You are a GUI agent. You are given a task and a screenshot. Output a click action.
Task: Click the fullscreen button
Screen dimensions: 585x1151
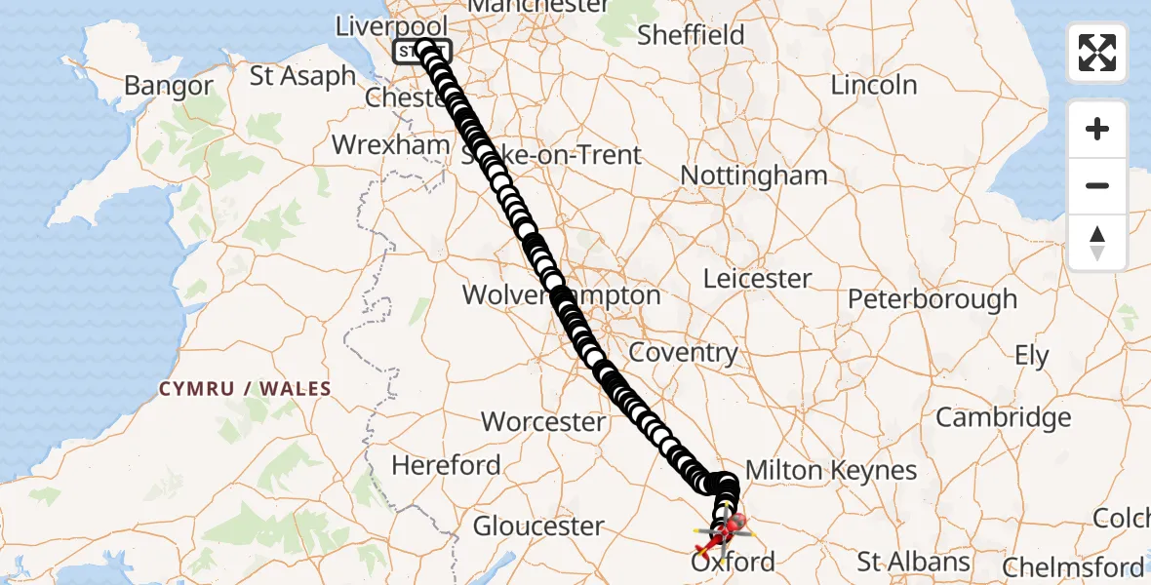(1097, 53)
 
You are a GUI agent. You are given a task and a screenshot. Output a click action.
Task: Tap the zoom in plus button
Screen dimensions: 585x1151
(1097, 129)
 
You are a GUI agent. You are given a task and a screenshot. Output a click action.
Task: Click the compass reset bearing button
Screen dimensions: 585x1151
(1097, 243)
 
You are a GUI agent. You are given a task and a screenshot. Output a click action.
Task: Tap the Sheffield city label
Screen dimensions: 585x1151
(691, 36)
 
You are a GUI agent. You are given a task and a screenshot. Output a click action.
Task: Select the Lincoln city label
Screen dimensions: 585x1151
(874, 86)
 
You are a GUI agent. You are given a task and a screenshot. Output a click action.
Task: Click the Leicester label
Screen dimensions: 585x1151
(758, 279)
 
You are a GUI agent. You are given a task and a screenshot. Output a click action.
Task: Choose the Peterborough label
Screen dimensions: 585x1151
(932, 299)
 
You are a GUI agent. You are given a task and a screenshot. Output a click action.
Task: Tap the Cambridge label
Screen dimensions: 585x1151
(1003, 418)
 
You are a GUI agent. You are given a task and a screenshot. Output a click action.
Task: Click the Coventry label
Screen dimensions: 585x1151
(683, 353)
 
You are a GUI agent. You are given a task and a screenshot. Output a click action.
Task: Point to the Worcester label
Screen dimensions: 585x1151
(543, 422)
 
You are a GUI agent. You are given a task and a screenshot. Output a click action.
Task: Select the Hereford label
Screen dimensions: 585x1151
(446, 466)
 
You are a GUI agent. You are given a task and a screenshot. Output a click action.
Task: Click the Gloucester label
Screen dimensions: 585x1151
(538, 526)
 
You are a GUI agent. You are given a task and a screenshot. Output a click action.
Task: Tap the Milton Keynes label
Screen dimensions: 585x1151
(830, 471)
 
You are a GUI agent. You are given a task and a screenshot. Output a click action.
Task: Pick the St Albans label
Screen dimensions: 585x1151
(913, 563)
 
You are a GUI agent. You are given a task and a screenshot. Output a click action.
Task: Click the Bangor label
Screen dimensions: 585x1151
(168, 86)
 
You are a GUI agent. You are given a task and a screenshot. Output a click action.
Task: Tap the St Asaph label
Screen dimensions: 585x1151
(302, 76)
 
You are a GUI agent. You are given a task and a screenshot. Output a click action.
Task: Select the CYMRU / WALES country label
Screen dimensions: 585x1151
(245, 389)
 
